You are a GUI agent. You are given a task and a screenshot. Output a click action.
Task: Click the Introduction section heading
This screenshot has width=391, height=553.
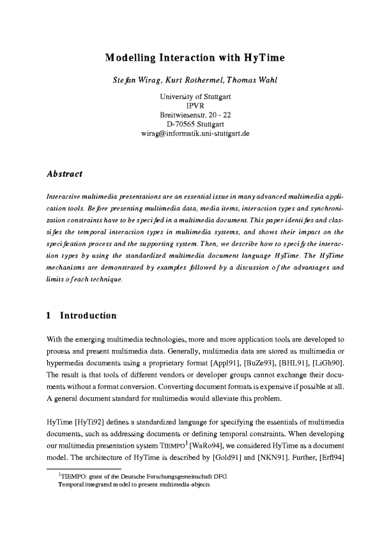click(88, 315)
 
